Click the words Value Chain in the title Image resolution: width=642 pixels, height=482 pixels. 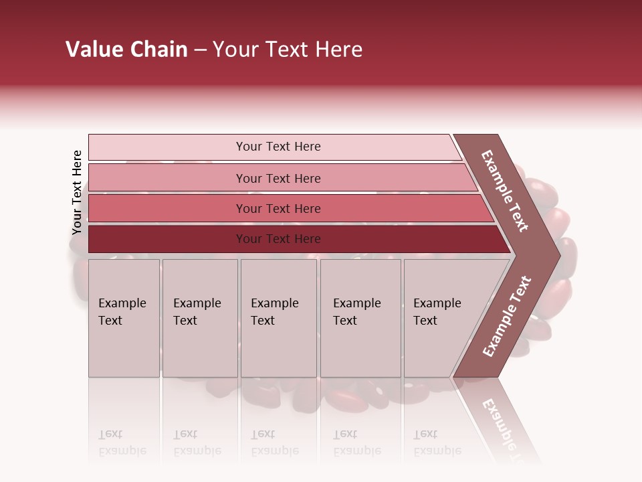[126, 50]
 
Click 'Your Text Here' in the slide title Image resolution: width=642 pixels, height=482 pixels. [288, 50]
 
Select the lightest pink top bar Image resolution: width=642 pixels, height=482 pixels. [167, 147]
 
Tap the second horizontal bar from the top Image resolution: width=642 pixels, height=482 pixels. [167, 178]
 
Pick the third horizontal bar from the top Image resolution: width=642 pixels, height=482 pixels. [167, 208]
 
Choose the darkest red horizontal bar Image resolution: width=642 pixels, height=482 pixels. [167, 239]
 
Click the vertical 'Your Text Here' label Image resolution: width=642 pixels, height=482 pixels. [77, 192]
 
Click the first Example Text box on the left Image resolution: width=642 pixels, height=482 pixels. [124, 335]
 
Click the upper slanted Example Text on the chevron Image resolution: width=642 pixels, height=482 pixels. [505, 191]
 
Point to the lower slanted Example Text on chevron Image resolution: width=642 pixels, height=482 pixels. [507, 316]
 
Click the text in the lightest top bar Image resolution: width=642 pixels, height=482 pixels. [278, 147]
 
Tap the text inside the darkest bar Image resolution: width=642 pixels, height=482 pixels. [278, 239]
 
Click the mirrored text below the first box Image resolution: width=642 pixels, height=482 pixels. [122, 443]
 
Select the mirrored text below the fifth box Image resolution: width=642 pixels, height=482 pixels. [437, 443]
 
